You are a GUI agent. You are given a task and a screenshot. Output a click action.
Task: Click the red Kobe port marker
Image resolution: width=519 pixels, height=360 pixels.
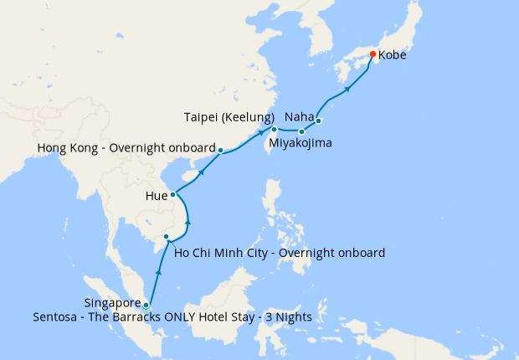(373, 55)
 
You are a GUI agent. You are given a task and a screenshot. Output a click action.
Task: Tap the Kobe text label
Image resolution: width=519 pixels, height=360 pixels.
(394, 56)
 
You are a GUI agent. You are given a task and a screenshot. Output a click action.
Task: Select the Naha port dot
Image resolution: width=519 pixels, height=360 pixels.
(318, 121)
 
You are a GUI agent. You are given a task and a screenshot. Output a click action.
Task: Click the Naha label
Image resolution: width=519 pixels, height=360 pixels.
(300, 116)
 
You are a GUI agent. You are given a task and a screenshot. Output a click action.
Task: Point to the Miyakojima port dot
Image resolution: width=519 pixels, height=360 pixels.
(301, 131)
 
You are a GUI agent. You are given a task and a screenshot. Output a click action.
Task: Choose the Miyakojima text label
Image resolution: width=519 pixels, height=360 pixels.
(299, 143)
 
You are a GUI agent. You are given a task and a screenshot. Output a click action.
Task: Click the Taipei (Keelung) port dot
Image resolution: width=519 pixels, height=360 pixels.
(274, 129)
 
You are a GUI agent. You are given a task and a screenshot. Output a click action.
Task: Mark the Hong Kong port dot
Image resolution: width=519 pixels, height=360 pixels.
(220, 151)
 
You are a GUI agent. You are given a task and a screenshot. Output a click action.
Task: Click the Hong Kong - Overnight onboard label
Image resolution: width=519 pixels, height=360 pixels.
(126, 148)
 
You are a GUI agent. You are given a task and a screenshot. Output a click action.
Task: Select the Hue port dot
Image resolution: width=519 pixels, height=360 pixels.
(173, 195)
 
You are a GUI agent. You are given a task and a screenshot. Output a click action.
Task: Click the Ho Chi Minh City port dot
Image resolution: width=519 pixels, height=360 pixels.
(167, 237)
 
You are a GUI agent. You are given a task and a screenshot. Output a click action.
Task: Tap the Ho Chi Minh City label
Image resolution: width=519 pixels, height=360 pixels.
(279, 252)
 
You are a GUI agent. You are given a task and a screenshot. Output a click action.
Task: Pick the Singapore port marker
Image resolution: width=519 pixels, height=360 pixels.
(146, 305)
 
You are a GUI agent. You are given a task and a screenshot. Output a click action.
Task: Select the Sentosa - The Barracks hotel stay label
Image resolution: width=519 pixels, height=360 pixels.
(172, 317)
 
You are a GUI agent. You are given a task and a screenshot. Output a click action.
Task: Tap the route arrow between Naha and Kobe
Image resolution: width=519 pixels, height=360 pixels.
(347, 88)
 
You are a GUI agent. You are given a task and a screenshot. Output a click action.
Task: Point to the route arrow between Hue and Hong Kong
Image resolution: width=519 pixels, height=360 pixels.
(201, 172)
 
